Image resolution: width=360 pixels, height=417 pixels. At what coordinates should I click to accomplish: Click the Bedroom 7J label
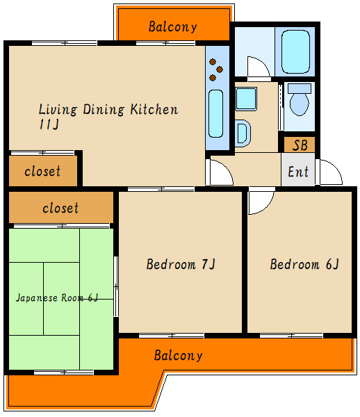[x=181, y=264]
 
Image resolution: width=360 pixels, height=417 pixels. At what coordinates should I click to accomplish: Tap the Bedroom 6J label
[x=304, y=264]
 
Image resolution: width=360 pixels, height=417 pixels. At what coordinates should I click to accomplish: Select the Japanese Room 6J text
[x=57, y=297]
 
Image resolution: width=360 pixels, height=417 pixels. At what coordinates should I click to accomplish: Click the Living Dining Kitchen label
[x=108, y=109]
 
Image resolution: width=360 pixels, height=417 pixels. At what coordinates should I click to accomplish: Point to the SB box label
[x=300, y=145]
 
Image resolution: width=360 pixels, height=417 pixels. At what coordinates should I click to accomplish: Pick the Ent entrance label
[x=298, y=172]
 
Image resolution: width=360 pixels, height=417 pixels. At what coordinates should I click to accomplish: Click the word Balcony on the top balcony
[x=173, y=27]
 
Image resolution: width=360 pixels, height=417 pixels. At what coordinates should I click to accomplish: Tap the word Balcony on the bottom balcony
[x=179, y=356]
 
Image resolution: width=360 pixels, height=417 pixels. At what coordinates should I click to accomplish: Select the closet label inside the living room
[x=42, y=171]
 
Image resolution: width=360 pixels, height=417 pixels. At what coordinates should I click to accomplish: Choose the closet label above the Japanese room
[x=60, y=208]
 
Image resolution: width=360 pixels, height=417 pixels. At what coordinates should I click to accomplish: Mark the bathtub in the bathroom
[x=295, y=51]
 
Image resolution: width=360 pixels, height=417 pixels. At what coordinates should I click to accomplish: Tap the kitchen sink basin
[x=215, y=113]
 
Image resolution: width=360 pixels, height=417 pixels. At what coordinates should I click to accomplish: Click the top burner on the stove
[x=213, y=62]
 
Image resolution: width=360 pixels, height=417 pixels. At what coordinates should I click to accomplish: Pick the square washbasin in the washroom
[x=246, y=99]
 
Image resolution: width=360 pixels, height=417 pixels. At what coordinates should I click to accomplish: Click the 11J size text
[x=49, y=124]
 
